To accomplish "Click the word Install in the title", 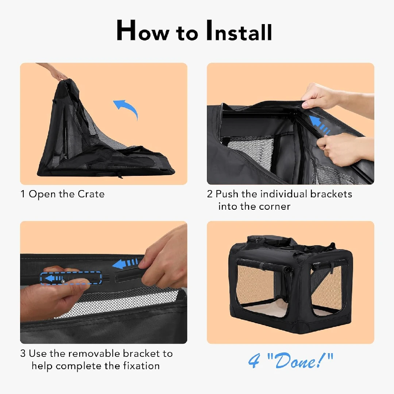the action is pos(239,31).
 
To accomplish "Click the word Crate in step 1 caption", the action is pos(91,194).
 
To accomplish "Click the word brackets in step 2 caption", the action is pos(331,194).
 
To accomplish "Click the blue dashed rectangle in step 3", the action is pos(71,278).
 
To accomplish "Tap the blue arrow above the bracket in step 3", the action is pos(125,264).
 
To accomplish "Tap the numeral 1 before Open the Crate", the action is pos(23,194).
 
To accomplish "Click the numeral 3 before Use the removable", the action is pos(23,354).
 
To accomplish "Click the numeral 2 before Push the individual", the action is pos(210,194).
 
